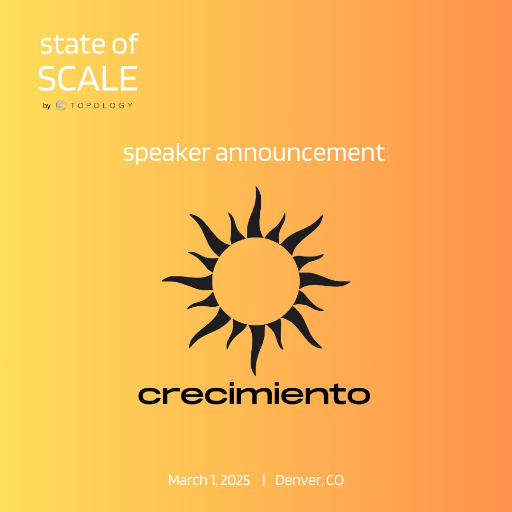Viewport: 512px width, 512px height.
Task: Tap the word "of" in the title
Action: (x=125, y=45)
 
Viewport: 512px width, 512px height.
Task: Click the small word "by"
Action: (x=46, y=106)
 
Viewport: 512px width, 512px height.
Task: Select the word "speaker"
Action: (x=166, y=153)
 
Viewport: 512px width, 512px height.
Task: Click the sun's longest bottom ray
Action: (x=256, y=348)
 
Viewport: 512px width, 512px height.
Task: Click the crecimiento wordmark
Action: (x=254, y=395)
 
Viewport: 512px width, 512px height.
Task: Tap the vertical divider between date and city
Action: (x=263, y=480)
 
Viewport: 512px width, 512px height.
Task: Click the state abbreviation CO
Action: (x=336, y=480)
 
